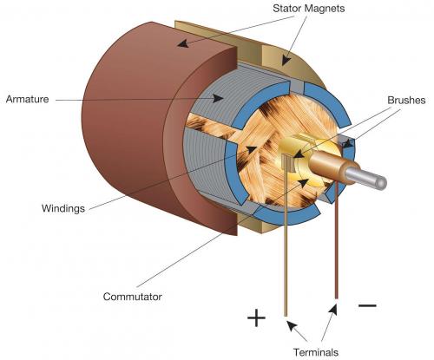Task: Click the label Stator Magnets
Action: coord(308,9)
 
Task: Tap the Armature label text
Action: coord(28,99)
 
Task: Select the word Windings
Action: coord(63,208)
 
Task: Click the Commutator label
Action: coord(132,297)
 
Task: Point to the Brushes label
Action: coord(406,100)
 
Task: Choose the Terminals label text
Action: coord(316,352)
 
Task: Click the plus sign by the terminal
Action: coord(256,317)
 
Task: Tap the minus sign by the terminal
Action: coord(367,305)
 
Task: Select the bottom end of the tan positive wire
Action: coord(286,316)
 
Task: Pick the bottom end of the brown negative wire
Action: coord(336,298)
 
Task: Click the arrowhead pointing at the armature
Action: coord(218,98)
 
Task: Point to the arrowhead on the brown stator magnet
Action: coord(183,43)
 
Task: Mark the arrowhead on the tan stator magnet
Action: coord(286,60)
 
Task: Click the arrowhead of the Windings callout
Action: coord(251,149)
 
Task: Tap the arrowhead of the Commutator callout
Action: coord(303,183)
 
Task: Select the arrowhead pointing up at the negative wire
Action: coord(333,310)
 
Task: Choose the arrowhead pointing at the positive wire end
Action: coord(292,326)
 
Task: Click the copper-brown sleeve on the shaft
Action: coord(328,165)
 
